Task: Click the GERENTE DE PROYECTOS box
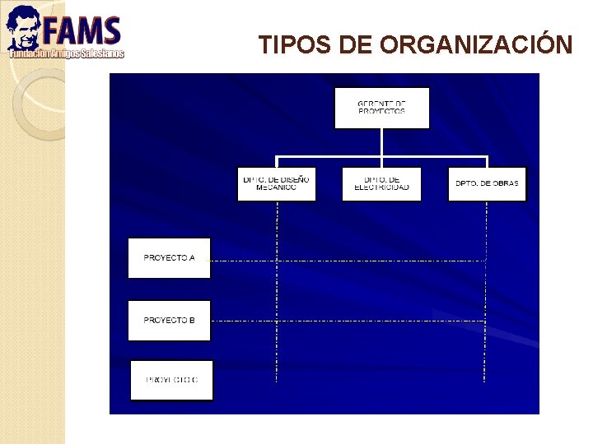pos(381,108)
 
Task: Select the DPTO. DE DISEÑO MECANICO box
pos(277,183)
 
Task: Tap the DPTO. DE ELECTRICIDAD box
pos(381,183)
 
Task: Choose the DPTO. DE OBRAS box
pos(487,183)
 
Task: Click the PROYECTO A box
pos(169,257)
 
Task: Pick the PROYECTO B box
pos(169,320)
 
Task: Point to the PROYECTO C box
pos(171,380)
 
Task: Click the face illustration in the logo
pos(22,29)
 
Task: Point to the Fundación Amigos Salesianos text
pos(66,53)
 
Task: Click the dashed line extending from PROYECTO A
pos(346,261)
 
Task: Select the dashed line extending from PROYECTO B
pos(346,320)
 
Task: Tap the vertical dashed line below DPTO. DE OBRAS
pos(485,288)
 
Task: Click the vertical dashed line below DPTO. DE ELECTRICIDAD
pos(381,288)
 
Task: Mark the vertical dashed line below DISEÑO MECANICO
pos(277,288)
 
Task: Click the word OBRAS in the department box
pos(503,183)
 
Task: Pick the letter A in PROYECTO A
pos(192,257)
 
